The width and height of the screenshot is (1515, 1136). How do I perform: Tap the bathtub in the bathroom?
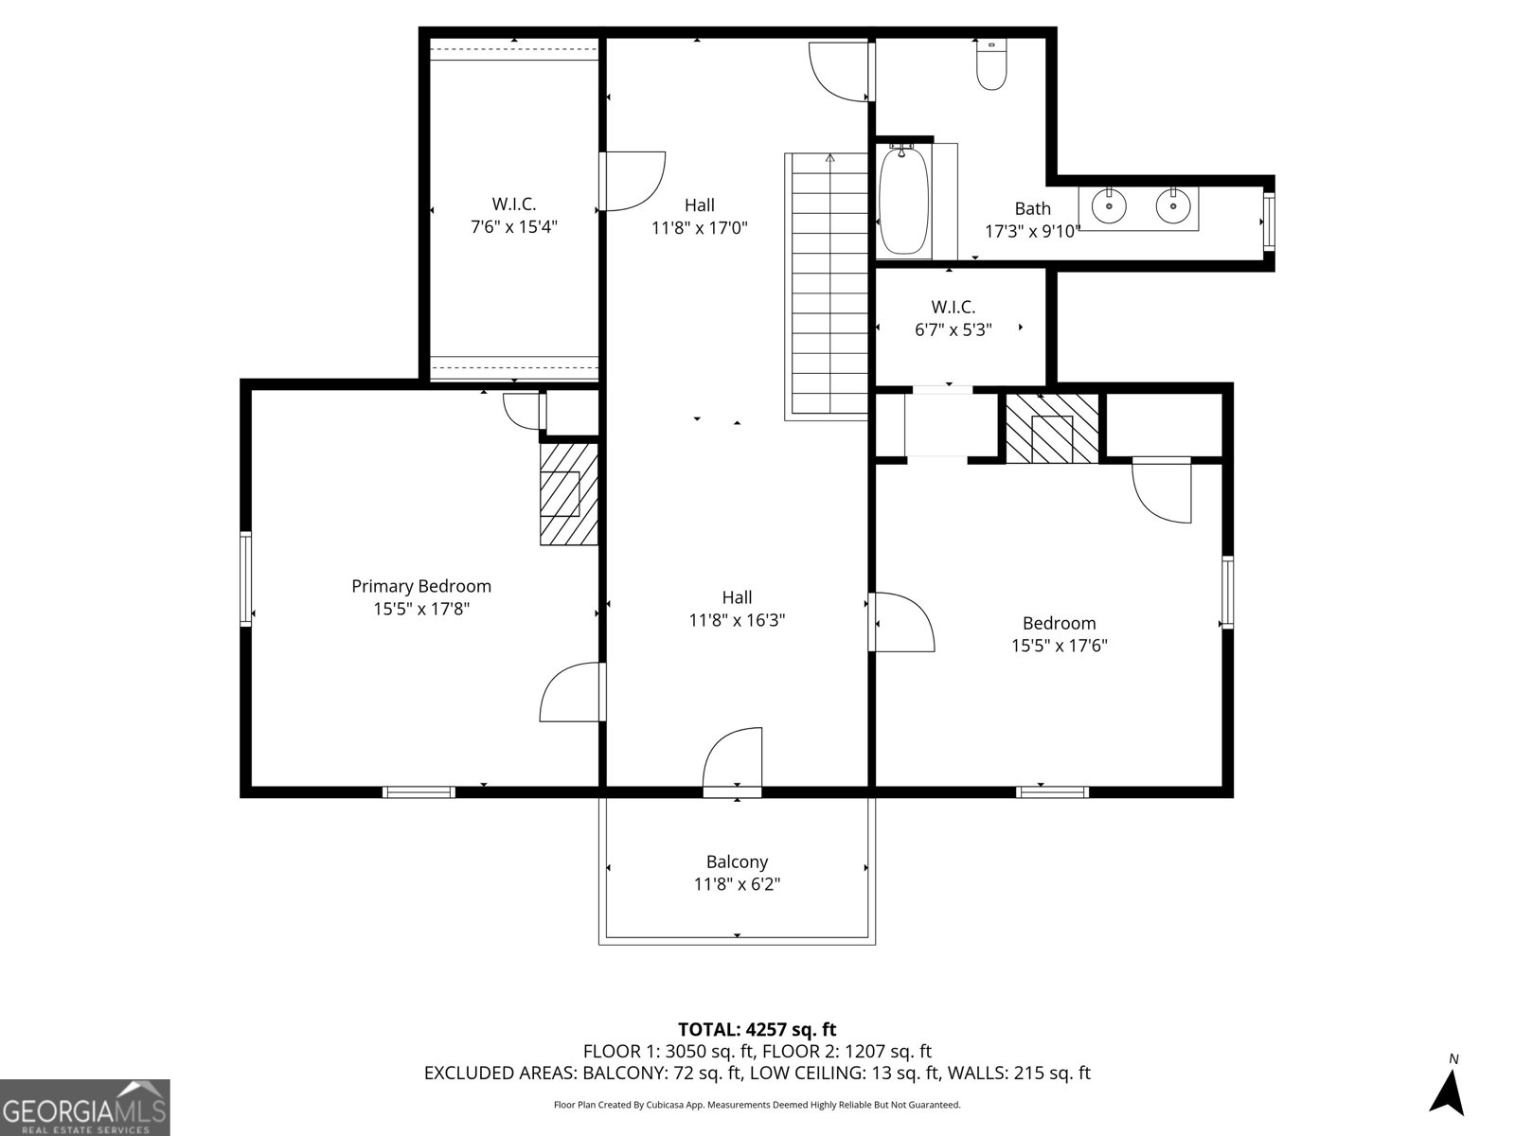[x=904, y=200]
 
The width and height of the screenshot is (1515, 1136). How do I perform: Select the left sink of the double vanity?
[x=1107, y=205]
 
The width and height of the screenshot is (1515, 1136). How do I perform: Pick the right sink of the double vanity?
[x=1172, y=205]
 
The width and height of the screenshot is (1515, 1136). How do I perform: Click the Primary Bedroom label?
[x=421, y=586]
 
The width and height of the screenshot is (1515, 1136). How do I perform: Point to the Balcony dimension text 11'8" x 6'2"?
[x=737, y=884]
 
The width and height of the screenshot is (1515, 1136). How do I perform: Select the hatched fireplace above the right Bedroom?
[x=1051, y=429]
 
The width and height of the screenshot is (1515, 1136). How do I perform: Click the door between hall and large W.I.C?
[x=630, y=183]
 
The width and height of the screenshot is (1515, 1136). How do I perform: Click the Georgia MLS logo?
[x=85, y=1108]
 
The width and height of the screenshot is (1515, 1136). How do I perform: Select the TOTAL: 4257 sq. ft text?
[x=757, y=1029]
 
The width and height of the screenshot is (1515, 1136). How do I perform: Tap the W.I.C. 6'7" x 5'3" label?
[x=953, y=318]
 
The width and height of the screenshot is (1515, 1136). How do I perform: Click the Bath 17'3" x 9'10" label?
[x=1032, y=220]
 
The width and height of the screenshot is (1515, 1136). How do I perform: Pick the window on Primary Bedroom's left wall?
[x=246, y=578]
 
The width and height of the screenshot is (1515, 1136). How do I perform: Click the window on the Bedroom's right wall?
[x=1227, y=593]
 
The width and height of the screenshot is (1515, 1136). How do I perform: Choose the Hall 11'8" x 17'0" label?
[x=700, y=216]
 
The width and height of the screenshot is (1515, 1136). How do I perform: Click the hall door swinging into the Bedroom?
[x=901, y=621]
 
